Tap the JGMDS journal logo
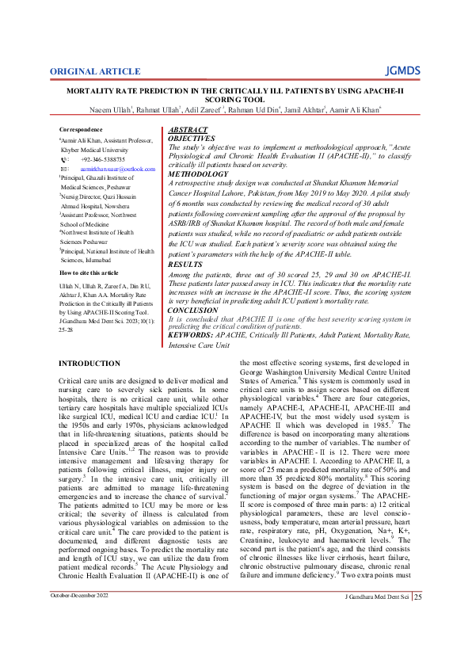click(405, 71)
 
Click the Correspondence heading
click(81, 129)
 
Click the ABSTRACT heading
click(189, 129)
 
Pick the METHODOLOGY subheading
click(199, 173)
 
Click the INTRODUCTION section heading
click(90, 363)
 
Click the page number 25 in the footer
click(418, 619)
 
